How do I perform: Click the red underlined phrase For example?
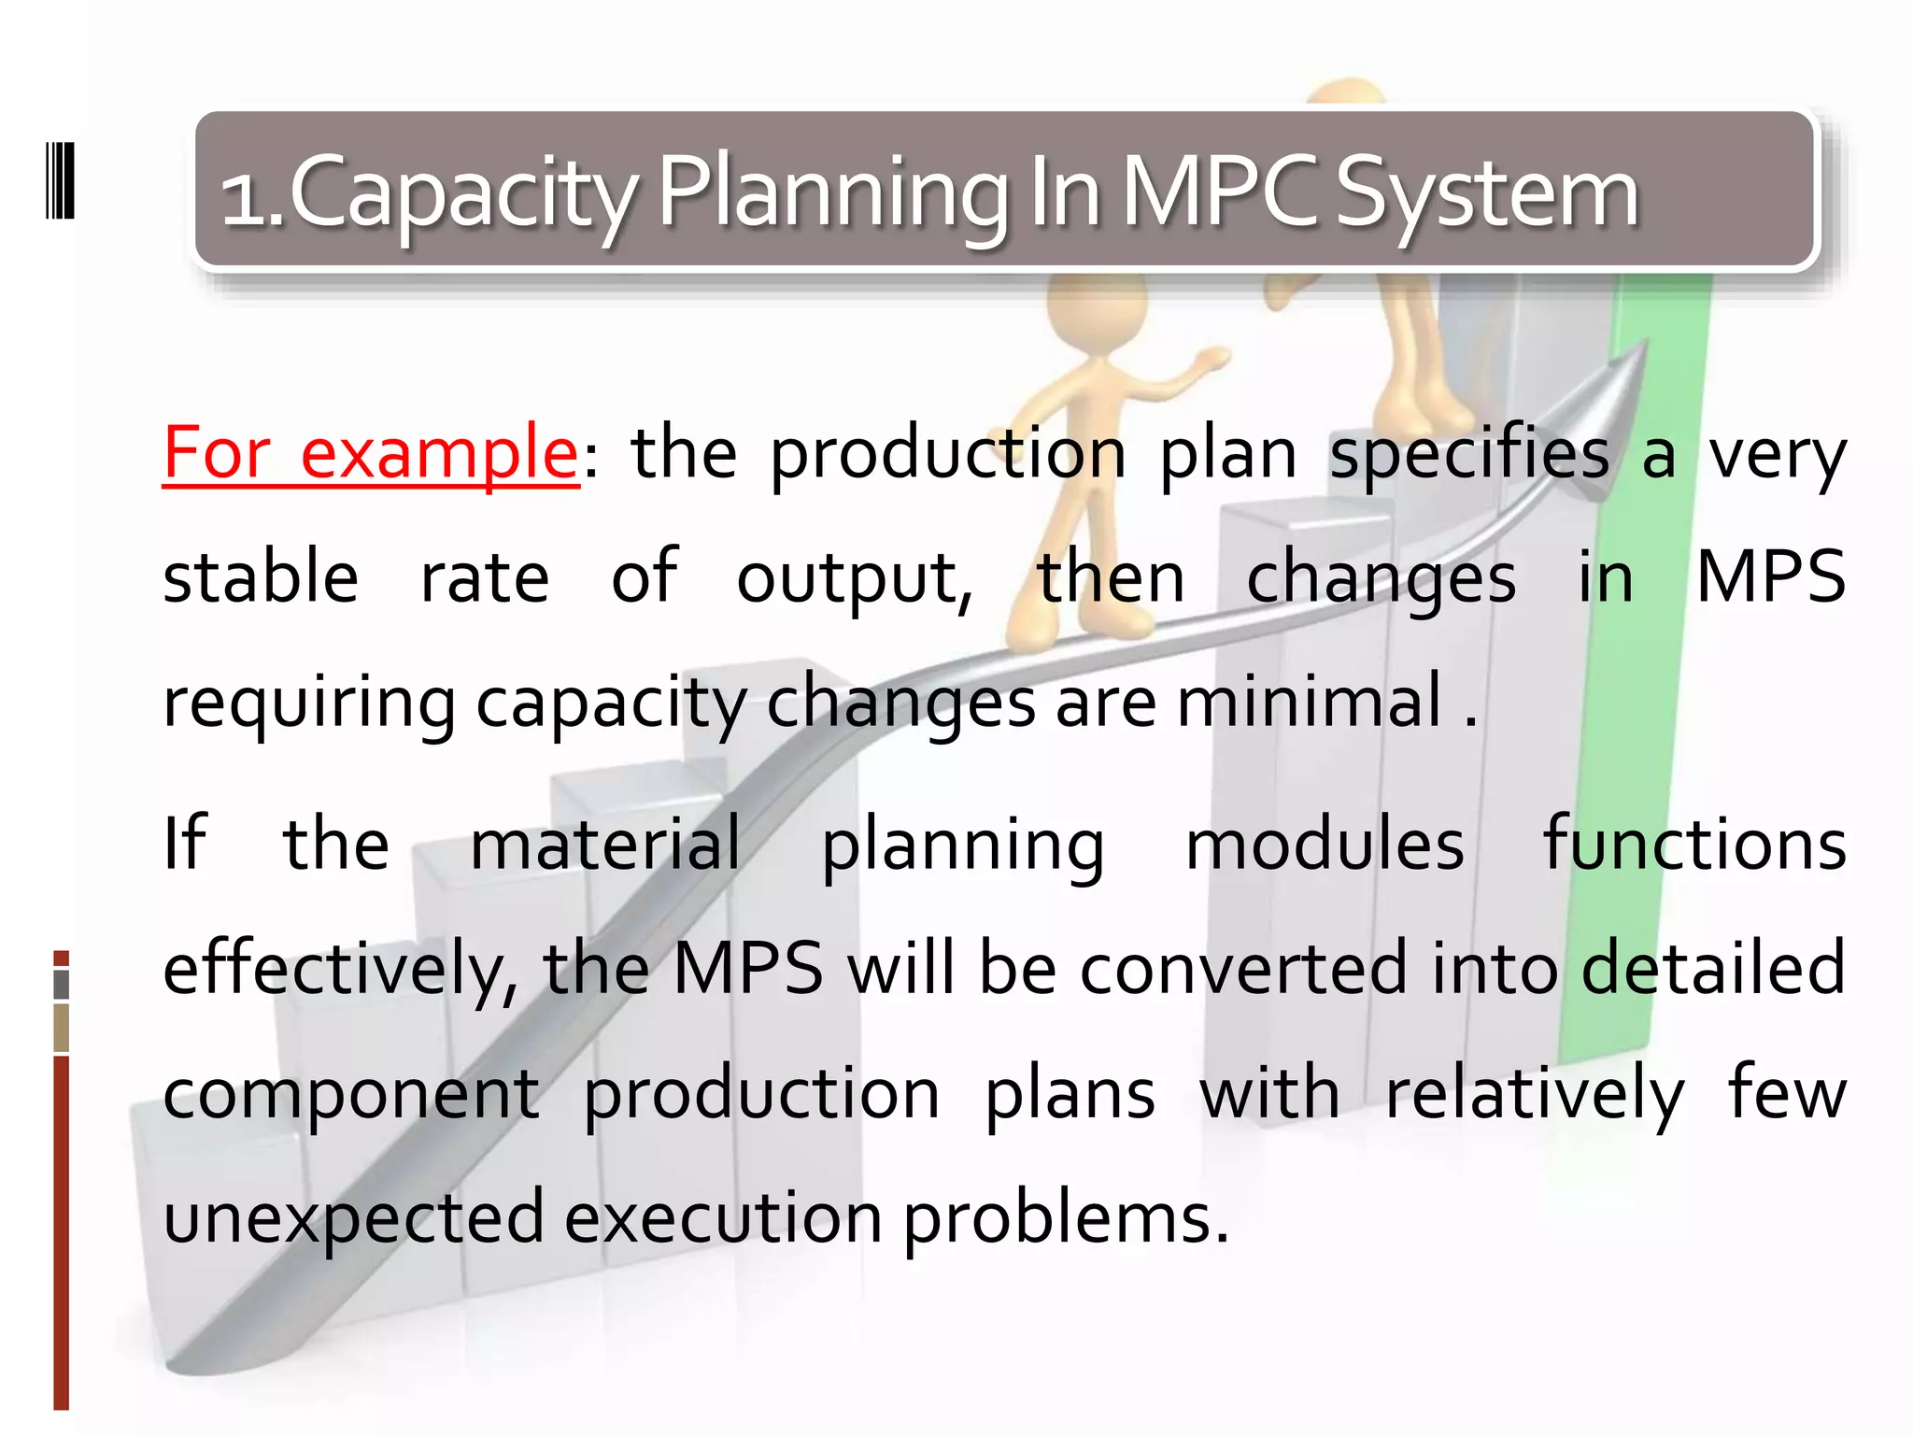coord(371,453)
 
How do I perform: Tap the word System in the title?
coord(1487,194)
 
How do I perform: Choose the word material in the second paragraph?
coord(605,844)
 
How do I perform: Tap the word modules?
coord(1324,844)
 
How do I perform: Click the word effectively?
coord(340,969)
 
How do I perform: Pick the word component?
coord(351,1093)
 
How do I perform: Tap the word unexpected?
coord(353,1218)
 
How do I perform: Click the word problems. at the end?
coord(1065,1218)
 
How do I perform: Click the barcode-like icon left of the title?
coord(60,180)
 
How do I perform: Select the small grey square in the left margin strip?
coord(62,985)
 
